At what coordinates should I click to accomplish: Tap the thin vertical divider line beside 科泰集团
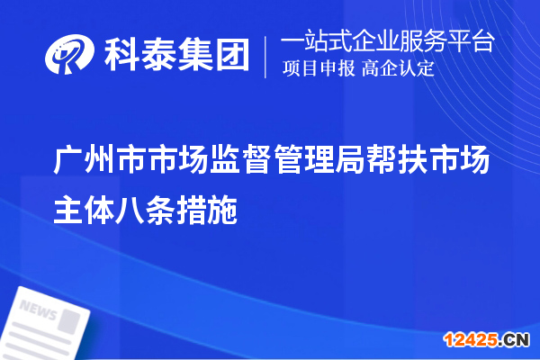(x=265, y=55)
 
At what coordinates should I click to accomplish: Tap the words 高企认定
(x=398, y=68)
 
